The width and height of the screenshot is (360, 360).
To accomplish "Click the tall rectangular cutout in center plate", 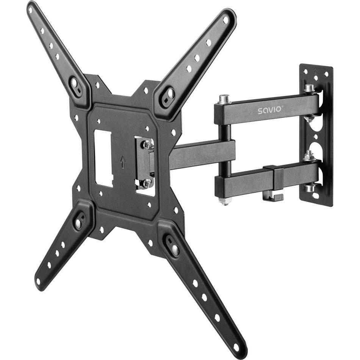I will (x=103, y=158).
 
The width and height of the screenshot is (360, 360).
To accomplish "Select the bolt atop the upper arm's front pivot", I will (x=224, y=99).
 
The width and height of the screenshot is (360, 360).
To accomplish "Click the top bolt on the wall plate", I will (x=309, y=88).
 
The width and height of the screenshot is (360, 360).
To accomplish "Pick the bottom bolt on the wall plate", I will (x=310, y=187).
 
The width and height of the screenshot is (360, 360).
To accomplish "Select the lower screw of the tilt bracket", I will (x=147, y=183).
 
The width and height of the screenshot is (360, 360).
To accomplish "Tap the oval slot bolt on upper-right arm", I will (x=169, y=94).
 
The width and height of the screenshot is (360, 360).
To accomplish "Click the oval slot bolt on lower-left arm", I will (x=78, y=223).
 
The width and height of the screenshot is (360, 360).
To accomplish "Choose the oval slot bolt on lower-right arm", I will (x=174, y=249).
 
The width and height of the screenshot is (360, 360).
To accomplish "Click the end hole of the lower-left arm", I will (x=38, y=282).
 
